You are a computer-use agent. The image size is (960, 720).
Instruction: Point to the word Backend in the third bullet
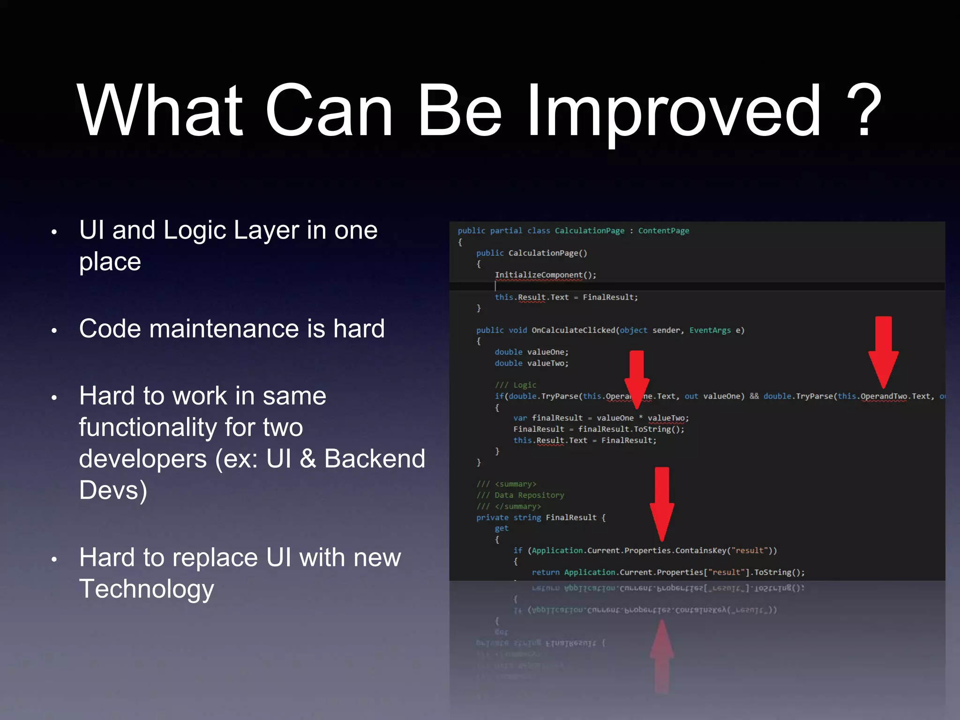pyautogui.click(x=375, y=458)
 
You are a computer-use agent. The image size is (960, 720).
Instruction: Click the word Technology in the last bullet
pyautogui.click(x=147, y=589)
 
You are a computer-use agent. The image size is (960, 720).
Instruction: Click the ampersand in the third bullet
pyautogui.click(x=307, y=458)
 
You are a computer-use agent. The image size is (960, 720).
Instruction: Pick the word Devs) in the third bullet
pyautogui.click(x=113, y=490)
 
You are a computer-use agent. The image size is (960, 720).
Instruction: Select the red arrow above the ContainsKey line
pyautogui.click(x=662, y=504)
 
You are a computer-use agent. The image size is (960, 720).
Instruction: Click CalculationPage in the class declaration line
pyautogui.click(x=589, y=231)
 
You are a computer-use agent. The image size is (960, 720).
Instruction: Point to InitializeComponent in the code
pyautogui.click(x=538, y=275)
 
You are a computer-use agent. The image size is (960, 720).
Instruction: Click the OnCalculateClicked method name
pyautogui.click(x=573, y=330)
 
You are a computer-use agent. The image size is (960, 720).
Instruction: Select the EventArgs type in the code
pyautogui.click(x=710, y=330)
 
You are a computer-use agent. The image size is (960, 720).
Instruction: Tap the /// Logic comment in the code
pyautogui.click(x=516, y=385)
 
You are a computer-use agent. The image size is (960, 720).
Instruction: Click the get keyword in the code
pyautogui.click(x=501, y=528)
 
